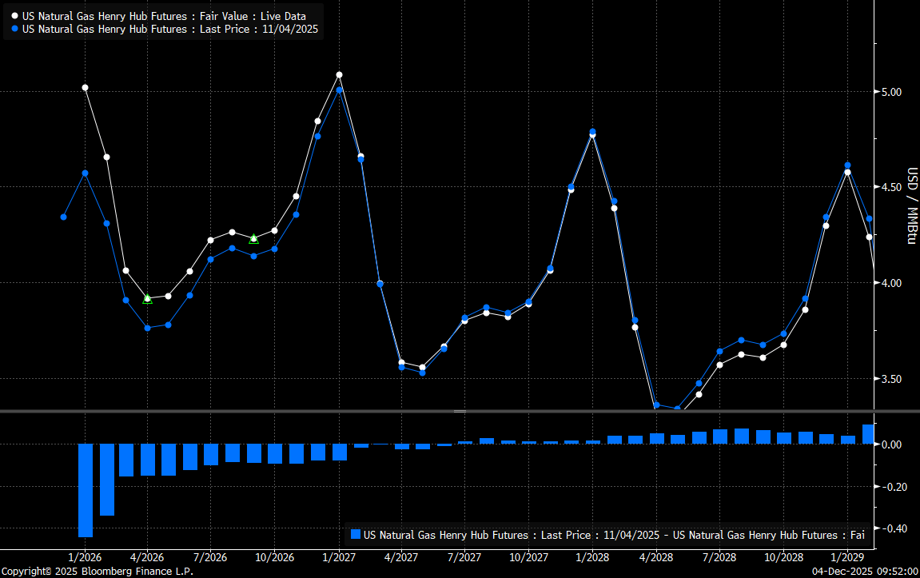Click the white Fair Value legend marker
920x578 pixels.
tap(15, 16)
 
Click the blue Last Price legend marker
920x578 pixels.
tap(15, 29)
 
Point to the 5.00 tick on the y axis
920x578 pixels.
tap(891, 92)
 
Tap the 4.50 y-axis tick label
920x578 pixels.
tap(891, 187)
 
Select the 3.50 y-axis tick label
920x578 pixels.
tap(891, 379)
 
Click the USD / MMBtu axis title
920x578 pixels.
tap(910, 205)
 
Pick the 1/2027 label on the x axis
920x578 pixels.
tap(339, 557)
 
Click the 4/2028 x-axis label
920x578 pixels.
tap(656, 557)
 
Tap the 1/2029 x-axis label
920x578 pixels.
tap(846, 557)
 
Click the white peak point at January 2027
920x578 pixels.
tap(339, 74)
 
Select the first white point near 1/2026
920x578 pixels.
tap(86, 87)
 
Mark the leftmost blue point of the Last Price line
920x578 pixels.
tap(63, 217)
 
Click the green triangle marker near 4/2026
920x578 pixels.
tap(147, 298)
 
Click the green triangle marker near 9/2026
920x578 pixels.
tap(253, 238)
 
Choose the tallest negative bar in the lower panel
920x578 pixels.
tap(86, 490)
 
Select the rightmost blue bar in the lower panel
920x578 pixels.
tap(868, 433)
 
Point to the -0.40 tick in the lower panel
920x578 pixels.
tap(891, 528)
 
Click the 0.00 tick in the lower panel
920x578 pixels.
tap(891, 444)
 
